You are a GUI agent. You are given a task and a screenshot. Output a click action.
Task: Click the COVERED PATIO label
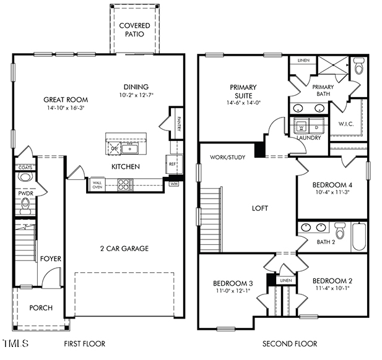134,29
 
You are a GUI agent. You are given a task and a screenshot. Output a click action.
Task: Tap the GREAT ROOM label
65,100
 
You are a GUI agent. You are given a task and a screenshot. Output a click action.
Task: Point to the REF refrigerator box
172,164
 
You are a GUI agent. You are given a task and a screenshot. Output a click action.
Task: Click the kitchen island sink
131,148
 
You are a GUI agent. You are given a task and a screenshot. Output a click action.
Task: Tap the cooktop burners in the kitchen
125,183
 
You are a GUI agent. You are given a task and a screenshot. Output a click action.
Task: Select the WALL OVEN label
97,184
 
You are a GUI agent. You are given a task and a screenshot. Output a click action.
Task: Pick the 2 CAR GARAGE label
124,249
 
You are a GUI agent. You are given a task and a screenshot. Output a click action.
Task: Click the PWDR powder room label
25,194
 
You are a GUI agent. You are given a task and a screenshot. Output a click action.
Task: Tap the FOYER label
51,259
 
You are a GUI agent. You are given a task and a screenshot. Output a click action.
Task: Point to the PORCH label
41,307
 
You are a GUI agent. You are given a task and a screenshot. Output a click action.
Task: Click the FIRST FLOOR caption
84,343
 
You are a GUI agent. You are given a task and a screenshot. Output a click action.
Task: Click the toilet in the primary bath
358,66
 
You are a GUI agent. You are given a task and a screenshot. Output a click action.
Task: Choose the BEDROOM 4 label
332,184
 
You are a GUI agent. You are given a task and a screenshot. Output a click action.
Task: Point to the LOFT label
260,208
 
